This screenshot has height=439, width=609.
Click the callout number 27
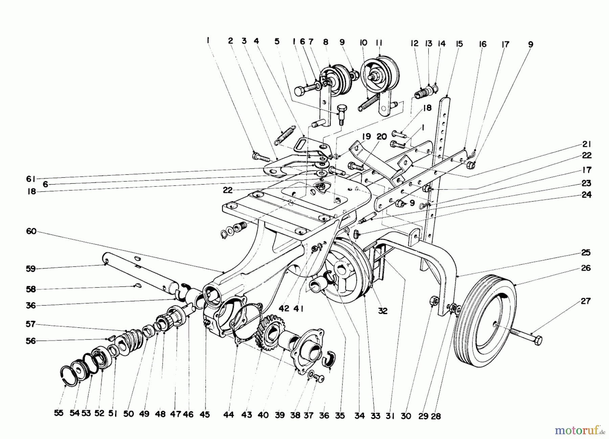tap(585, 301)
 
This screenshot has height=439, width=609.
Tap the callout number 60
tap(31, 232)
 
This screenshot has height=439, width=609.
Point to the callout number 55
tap(59, 414)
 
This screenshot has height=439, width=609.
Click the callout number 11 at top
tap(379, 43)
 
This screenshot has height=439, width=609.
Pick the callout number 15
tap(459, 44)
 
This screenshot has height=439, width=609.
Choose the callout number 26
tap(586, 268)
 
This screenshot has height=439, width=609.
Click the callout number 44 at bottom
tap(229, 415)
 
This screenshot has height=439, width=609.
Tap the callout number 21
tap(586, 145)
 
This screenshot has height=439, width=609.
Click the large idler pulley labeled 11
tap(380, 74)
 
